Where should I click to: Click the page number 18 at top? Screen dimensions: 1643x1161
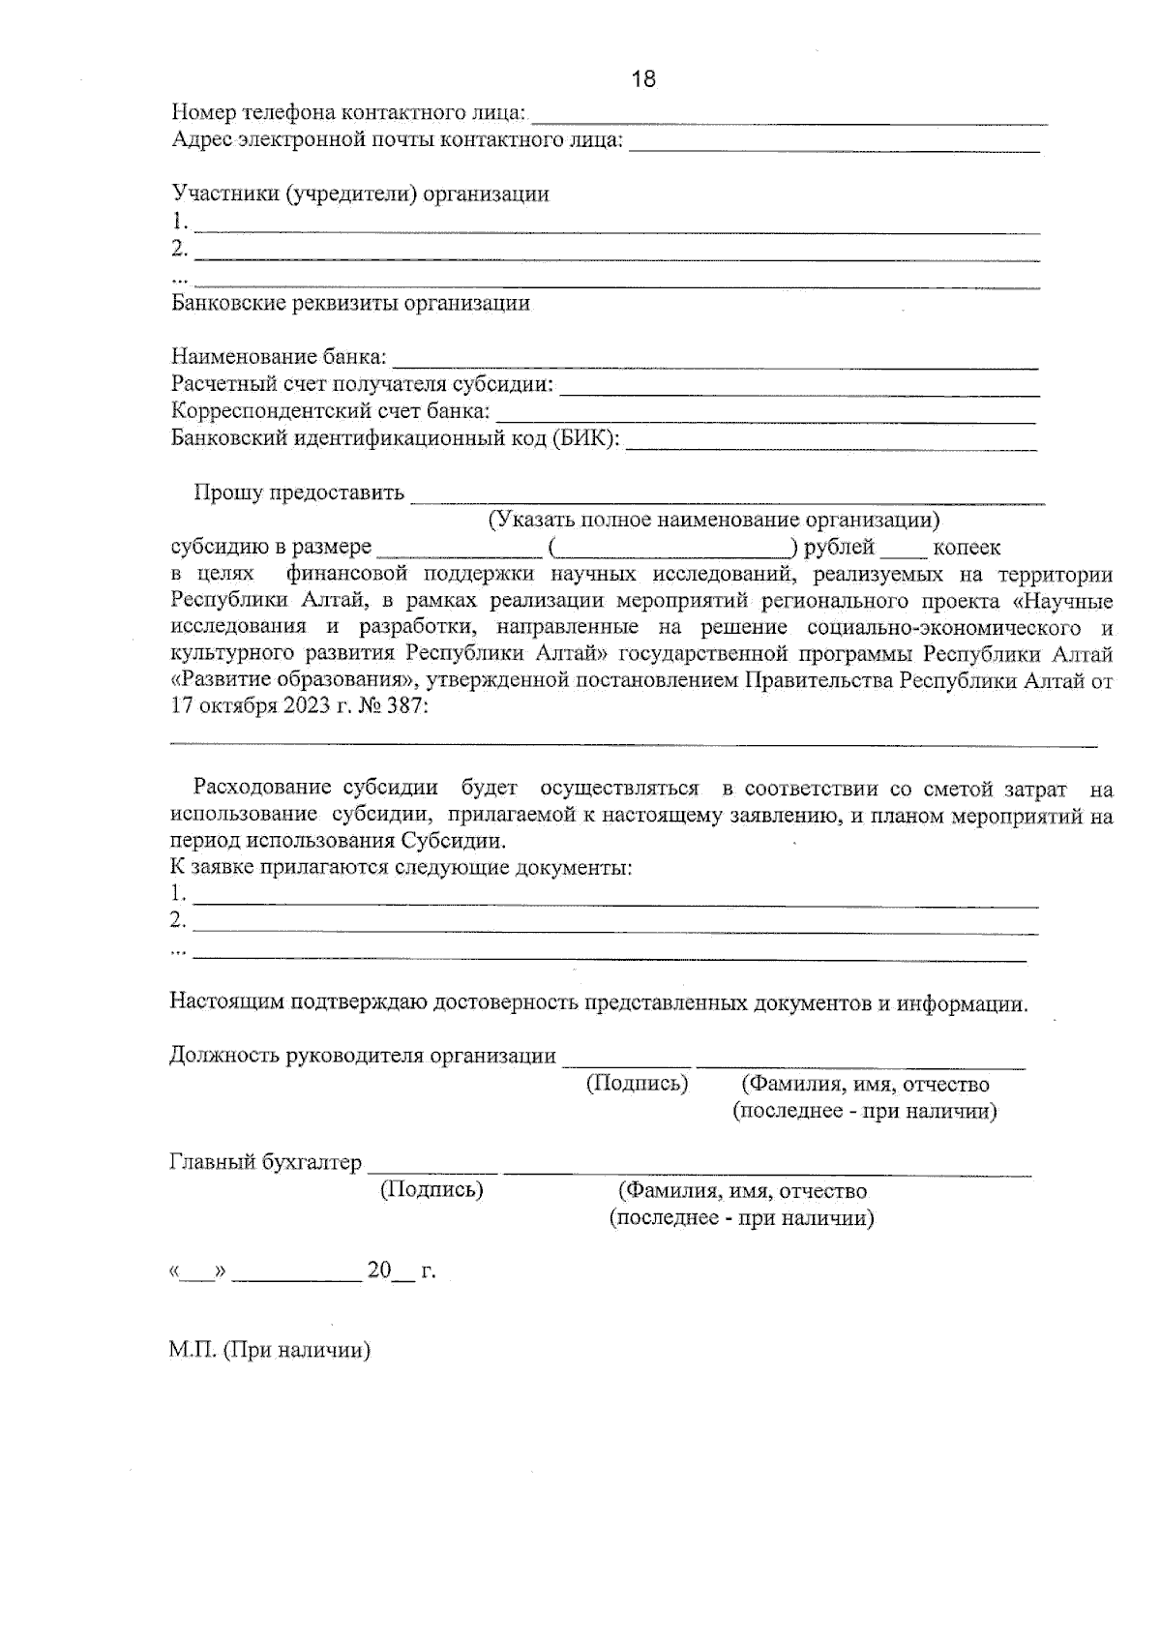(643, 79)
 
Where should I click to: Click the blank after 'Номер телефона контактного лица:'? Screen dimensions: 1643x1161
(789, 116)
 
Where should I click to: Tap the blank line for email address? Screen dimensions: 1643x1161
(834, 144)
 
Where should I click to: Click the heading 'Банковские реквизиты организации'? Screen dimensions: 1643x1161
(350, 303)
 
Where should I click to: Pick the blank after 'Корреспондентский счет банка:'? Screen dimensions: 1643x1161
(764, 414)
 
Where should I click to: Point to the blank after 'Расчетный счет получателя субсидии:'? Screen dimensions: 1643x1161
(800, 387)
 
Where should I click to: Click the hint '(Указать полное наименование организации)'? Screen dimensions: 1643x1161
(713, 521)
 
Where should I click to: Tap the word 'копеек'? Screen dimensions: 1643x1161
(967, 548)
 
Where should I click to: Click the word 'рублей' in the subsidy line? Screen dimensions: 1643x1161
(839, 548)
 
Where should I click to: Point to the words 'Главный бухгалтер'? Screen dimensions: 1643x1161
(265, 1162)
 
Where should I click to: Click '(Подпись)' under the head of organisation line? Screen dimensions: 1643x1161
(637, 1083)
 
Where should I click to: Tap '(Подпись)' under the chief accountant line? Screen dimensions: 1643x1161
(432, 1189)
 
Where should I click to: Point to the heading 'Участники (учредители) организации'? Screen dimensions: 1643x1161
(360, 194)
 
